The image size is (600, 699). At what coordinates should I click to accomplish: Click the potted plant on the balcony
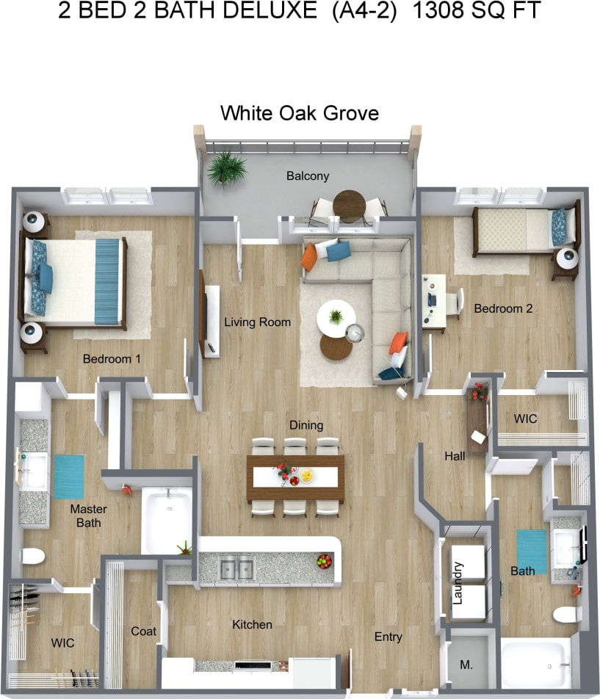[225, 169]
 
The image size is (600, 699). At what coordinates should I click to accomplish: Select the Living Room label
[257, 322]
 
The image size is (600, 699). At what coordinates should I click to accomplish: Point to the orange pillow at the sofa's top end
[309, 256]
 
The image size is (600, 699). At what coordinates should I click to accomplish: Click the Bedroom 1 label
[112, 359]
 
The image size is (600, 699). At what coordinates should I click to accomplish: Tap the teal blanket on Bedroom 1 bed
[106, 281]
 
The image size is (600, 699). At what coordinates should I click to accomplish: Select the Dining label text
[306, 425]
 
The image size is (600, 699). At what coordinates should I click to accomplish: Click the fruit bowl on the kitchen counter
[324, 562]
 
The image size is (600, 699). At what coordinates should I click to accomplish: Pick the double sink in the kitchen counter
[237, 568]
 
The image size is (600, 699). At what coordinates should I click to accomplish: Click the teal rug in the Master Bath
[68, 477]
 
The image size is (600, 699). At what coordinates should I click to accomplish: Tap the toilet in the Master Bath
[32, 555]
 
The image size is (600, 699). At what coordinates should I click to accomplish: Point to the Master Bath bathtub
[167, 520]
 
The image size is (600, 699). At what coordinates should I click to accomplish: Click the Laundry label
[458, 583]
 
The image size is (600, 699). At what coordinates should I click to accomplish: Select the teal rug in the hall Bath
[532, 551]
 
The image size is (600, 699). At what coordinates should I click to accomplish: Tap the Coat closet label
[143, 631]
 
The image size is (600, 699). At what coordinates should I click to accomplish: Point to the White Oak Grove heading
[300, 113]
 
